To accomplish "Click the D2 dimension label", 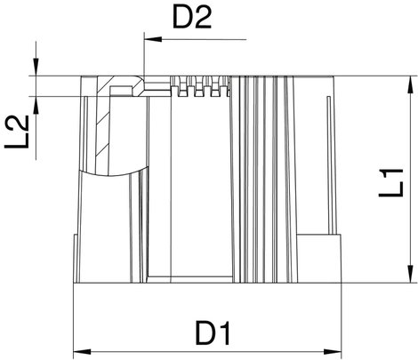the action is (x=192, y=18).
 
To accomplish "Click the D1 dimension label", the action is (x=213, y=334).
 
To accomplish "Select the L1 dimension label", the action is (x=390, y=182).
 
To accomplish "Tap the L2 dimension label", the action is (x=17, y=132).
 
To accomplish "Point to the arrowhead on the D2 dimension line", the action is (x=153, y=39).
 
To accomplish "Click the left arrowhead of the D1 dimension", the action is (x=82, y=352).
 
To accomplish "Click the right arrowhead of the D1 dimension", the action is (x=333, y=352).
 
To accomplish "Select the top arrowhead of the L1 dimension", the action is (x=411, y=85).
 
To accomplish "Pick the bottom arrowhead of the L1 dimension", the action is (x=411, y=274).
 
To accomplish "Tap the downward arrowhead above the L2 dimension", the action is (x=36, y=67).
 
